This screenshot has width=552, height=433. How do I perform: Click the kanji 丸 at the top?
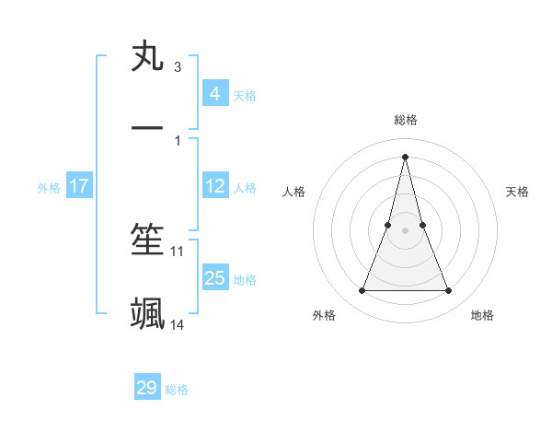point(147,57)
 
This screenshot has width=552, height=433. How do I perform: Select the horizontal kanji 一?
point(147,128)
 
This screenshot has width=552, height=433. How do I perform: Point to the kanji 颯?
point(147,313)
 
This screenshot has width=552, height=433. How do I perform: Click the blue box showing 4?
point(214,94)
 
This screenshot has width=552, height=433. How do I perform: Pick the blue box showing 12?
point(214,186)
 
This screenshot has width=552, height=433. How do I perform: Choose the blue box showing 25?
point(214,278)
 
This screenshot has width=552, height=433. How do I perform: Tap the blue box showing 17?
point(78,186)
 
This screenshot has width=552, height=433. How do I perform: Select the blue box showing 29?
point(147,388)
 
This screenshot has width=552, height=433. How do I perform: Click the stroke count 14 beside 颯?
point(178,324)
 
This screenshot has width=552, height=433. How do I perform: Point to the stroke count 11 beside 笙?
point(178,251)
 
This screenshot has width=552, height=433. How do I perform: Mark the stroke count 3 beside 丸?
point(178,67)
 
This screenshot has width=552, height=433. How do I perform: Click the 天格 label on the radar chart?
point(517,192)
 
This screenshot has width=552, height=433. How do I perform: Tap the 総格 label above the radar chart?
point(406,120)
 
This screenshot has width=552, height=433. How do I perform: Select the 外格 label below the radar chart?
point(324,315)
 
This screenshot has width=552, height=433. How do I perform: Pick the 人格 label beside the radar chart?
point(294,192)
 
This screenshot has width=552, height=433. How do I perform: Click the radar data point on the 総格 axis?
point(406,156)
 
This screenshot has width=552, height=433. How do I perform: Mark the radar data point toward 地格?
point(449,291)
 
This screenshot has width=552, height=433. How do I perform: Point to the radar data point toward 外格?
point(362,291)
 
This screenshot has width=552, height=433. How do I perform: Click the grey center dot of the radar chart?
point(406,230)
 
